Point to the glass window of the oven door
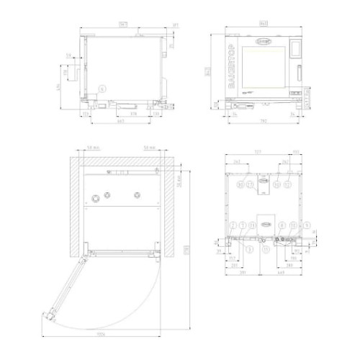pos(264,68)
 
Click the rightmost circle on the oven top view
pos(136,197)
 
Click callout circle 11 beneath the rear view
pos(266,249)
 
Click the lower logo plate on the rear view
pos(265,224)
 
